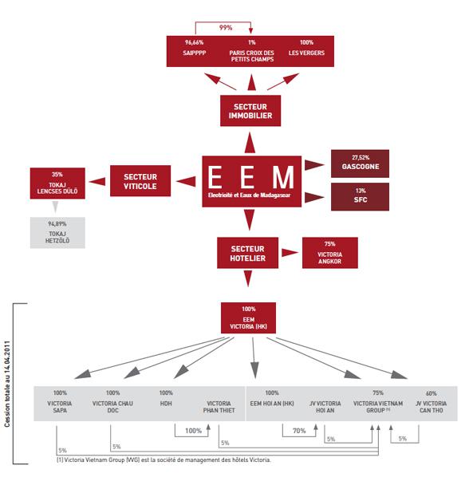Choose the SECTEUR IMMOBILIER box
point(251,110)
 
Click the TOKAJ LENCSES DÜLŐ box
point(57,183)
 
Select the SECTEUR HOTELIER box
point(250,253)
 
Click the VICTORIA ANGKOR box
point(330,252)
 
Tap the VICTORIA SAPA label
point(60,408)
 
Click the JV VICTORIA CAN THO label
point(431,409)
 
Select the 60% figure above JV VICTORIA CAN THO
point(431,393)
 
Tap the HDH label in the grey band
point(166,404)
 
